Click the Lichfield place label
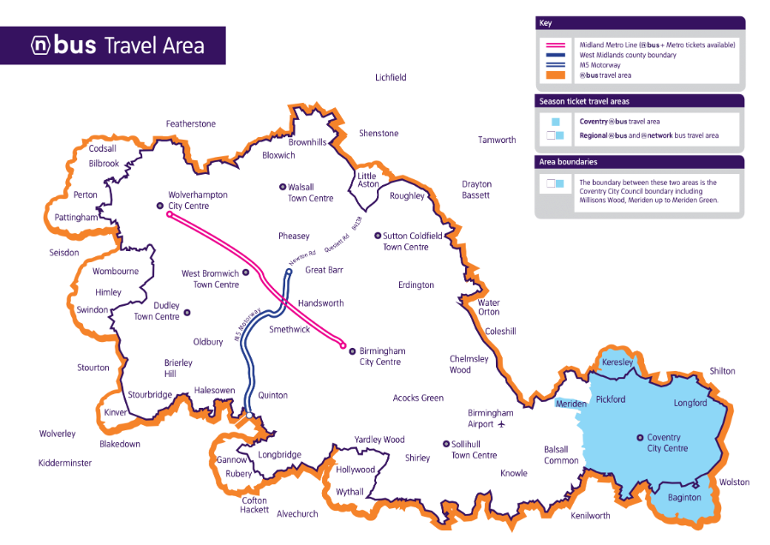(391, 77)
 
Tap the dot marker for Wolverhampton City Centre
(159, 206)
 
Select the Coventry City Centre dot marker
(640, 438)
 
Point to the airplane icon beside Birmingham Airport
(502, 424)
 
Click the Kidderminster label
(65, 464)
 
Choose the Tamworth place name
(497, 140)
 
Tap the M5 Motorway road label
(248, 326)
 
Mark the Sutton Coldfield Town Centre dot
(377, 236)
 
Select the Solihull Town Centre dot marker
(445, 444)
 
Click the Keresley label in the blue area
(618, 362)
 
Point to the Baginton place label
(684, 498)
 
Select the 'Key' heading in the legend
(545, 23)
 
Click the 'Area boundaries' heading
(568, 162)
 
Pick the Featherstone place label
(190, 124)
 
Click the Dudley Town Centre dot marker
(187, 312)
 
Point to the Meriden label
(571, 404)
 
